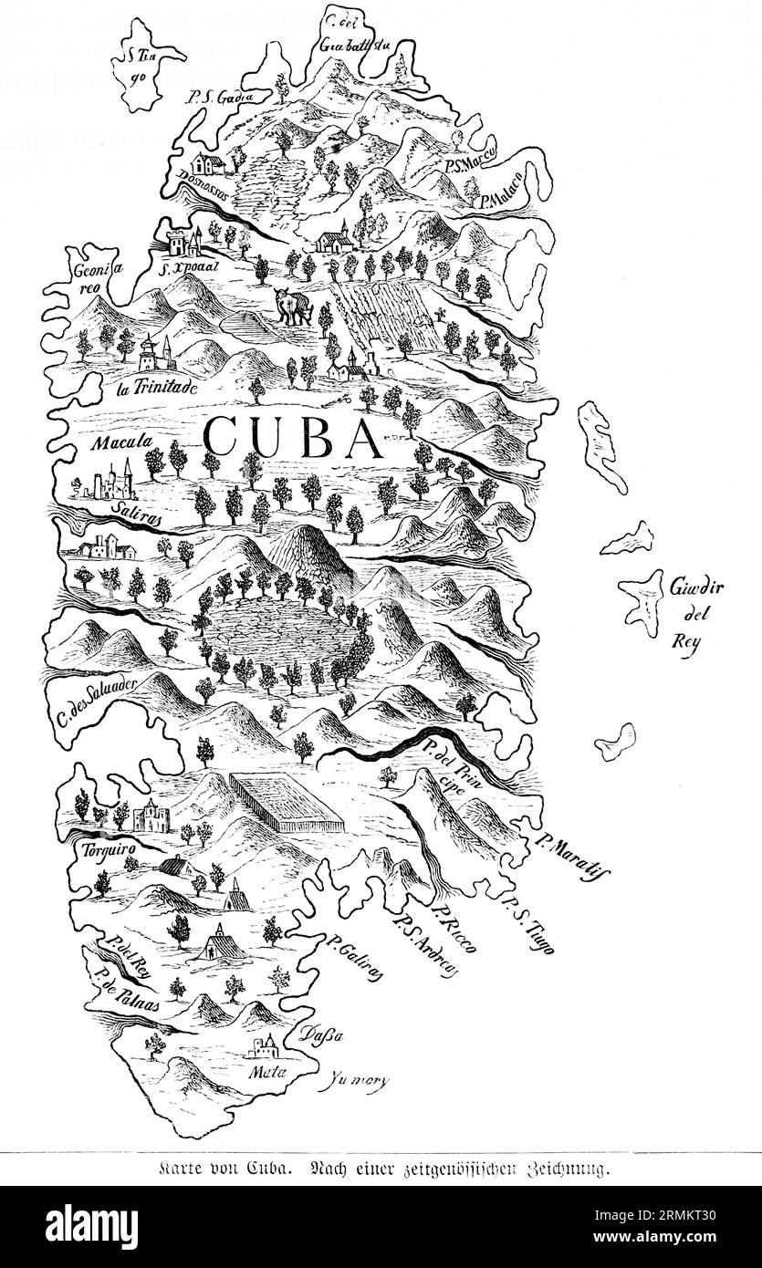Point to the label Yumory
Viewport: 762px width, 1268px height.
pos(357,1081)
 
